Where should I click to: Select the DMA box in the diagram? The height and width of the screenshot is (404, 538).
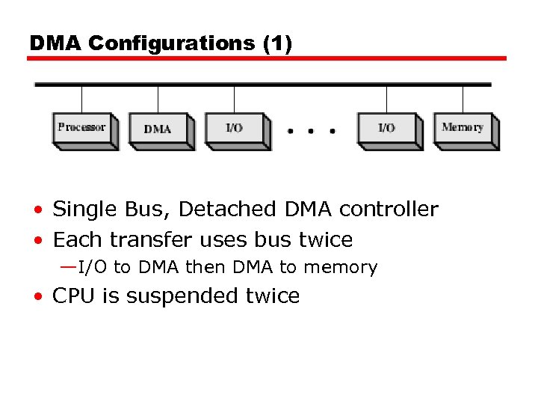pos(158,129)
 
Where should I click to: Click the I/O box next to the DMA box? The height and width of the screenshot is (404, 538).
pos(234,129)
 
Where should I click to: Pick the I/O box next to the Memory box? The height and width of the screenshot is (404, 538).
pos(386,129)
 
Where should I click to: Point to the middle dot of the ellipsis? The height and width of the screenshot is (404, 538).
pos(312,131)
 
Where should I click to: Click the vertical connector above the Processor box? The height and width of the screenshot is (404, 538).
pos(81,99)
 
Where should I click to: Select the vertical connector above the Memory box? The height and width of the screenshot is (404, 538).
pos(463,99)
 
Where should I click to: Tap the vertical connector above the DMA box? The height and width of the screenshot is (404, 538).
pos(158,99)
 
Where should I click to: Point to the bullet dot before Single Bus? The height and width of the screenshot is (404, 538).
pos(37,211)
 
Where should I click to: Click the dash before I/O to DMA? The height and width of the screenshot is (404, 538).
pos(67,266)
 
